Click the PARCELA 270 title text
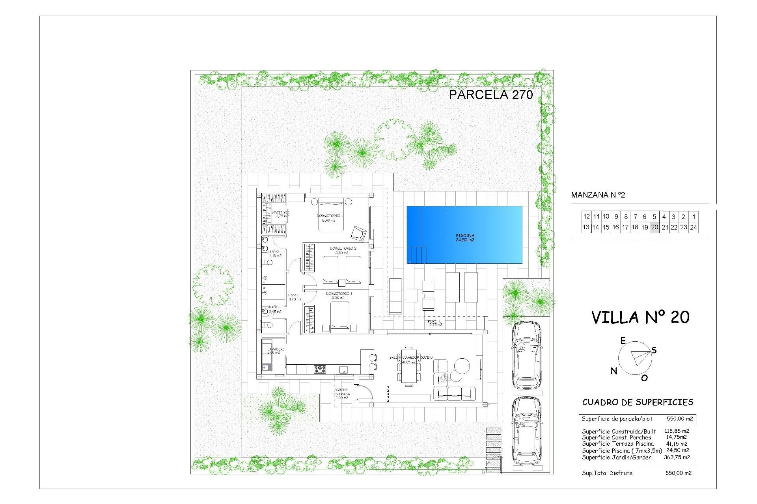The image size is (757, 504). tap(491, 94)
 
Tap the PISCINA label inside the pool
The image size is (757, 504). tap(465, 235)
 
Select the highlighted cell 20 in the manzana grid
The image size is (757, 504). tap(654, 227)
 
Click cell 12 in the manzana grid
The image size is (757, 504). tap(586, 217)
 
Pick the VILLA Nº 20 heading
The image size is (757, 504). tap(640, 317)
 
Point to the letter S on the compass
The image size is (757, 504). tap(654, 350)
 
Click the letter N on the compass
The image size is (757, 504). tap(613, 371)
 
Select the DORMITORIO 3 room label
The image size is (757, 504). tap(339, 294)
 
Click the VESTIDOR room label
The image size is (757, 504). tap(280, 213)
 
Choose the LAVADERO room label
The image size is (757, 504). tap(276, 349)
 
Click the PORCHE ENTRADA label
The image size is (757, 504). tap(341, 392)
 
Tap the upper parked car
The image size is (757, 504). tap(526, 354)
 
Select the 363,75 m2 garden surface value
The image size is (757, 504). tap(677, 457)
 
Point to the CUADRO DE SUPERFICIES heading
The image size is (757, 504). tap(638, 402)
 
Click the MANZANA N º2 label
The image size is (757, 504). tap(598, 195)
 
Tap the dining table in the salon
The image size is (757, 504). tap(409, 366)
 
